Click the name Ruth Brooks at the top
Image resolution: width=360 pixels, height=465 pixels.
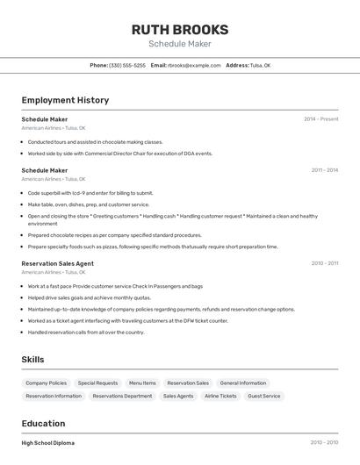pos(179,29)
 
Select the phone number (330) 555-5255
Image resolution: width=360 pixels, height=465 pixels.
pos(127,65)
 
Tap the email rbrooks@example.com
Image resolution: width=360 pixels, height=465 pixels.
pos(194,65)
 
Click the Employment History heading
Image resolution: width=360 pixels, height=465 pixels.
pos(65,100)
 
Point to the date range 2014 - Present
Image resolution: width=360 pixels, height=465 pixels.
pos(320,119)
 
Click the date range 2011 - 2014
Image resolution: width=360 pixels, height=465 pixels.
pos(324,170)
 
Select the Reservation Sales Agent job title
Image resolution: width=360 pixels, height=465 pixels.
pos(57,263)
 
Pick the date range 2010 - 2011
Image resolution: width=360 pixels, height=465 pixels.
pos(324,263)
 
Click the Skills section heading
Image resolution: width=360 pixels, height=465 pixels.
pos(32,359)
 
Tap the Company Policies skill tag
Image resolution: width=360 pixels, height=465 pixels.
pos(46,383)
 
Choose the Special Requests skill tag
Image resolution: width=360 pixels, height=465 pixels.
pos(97,383)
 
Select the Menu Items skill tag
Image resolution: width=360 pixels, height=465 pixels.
pos(142,383)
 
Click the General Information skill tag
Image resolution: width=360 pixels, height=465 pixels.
pos(242,383)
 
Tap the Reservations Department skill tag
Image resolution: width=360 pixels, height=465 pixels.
pos(122,397)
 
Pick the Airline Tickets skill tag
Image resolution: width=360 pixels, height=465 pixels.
pos(220,397)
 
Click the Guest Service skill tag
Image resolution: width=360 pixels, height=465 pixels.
pos(264,397)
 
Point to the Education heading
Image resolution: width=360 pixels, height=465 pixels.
pos(43,423)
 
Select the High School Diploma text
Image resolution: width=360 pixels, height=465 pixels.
pos(47,443)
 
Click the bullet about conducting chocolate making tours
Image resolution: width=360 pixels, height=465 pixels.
pos(95,141)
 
